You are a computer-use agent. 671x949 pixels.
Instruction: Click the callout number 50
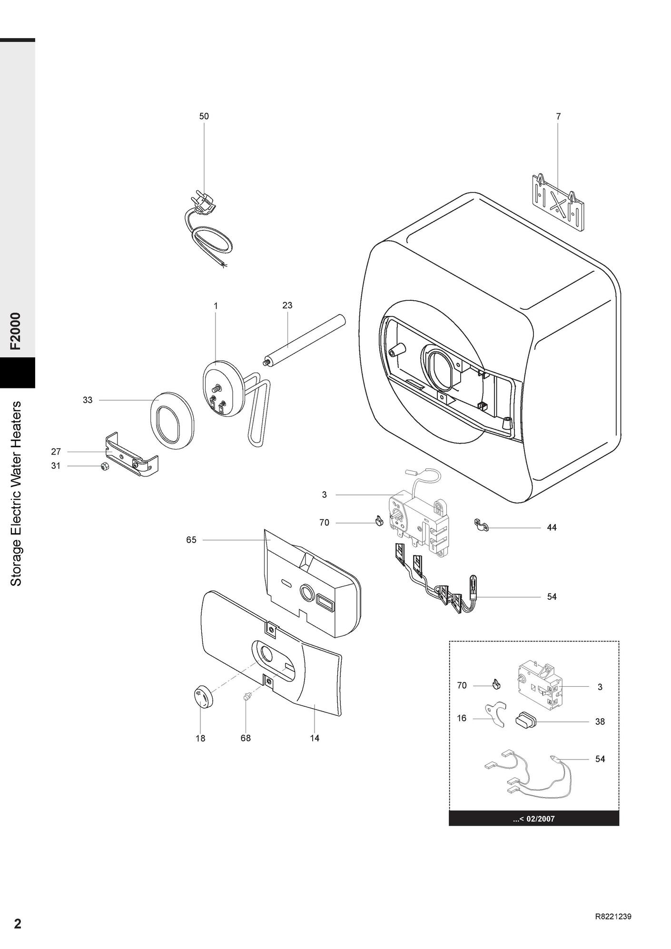(204, 116)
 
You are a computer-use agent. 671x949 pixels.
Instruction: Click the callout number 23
(287, 305)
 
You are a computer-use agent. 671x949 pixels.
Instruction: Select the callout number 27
(56, 452)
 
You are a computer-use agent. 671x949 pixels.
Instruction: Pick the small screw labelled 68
(247, 697)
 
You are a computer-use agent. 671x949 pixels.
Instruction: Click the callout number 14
(315, 738)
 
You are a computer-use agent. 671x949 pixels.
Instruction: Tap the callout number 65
(191, 540)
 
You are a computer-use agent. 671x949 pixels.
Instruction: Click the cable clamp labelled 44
(481, 525)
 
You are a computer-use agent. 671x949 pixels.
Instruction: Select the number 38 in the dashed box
(600, 722)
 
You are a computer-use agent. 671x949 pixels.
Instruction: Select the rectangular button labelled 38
(526, 720)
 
